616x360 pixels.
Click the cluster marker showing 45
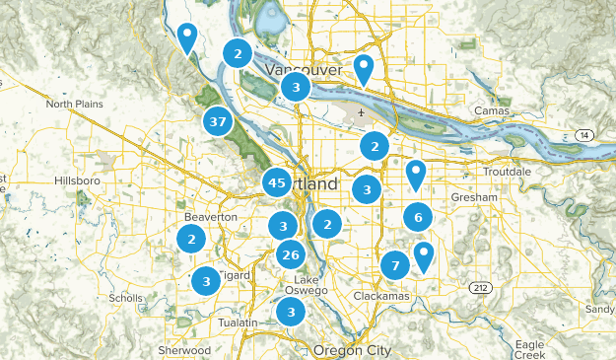(x=277, y=182)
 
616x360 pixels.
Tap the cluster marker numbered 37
(x=218, y=123)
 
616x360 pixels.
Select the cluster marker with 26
(x=290, y=255)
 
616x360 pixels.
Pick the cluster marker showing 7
(x=395, y=265)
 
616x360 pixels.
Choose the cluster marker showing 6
(x=418, y=217)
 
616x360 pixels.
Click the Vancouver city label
(x=304, y=71)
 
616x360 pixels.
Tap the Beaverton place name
(x=211, y=217)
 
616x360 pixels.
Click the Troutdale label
(x=507, y=172)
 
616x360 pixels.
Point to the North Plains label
(x=74, y=104)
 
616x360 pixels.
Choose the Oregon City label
(x=352, y=351)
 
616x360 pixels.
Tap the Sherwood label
(x=184, y=350)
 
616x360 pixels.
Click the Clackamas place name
(x=378, y=296)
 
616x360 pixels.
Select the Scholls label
(x=127, y=298)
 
